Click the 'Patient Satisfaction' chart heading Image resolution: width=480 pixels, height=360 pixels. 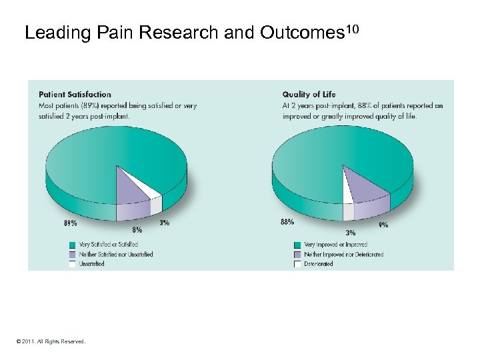[x=75, y=95]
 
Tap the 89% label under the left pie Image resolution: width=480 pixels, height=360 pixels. [x=69, y=223]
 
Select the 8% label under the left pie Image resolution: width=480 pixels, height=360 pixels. [x=137, y=229]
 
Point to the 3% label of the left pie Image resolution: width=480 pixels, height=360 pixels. [x=164, y=223]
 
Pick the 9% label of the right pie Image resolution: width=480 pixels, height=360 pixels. [x=383, y=225]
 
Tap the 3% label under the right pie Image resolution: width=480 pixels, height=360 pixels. [x=350, y=233]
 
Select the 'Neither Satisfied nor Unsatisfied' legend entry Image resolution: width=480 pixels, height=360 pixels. [x=111, y=254]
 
